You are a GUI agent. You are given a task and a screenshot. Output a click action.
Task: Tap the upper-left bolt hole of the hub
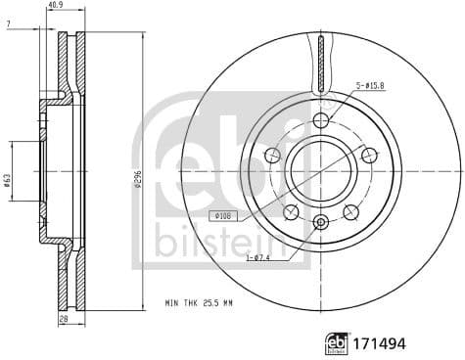pyautogui.click(x=272, y=155)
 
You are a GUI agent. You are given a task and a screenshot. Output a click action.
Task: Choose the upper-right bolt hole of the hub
pyautogui.click(x=369, y=155)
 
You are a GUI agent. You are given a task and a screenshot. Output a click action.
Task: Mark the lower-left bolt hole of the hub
pyautogui.click(x=291, y=211)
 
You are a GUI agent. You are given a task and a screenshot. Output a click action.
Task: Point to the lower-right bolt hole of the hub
pyautogui.click(x=350, y=211)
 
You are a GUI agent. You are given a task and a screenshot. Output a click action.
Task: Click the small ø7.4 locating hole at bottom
pyautogui.click(x=320, y=223)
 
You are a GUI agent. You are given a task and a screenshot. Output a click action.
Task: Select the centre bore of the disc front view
pyautogui.click(x=320, y=169)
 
